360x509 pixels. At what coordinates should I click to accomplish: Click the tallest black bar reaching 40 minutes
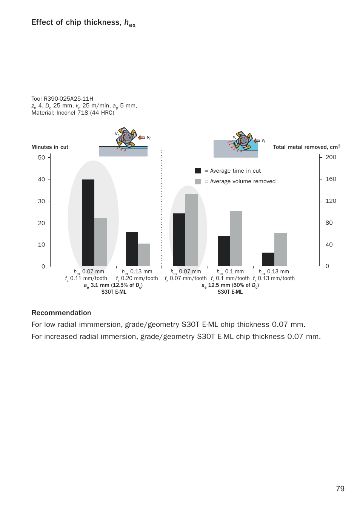coord(88,222)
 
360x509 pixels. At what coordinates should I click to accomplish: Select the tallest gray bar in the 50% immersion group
coord(191,230)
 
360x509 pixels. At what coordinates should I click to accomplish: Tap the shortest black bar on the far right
coord(268,259)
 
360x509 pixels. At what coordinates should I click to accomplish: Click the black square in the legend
coord(198,171)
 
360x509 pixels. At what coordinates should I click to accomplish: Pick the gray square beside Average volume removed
coord(198,181)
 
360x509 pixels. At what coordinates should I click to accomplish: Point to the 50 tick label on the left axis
coord(42,158)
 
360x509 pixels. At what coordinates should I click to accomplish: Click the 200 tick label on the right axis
coord(331,157)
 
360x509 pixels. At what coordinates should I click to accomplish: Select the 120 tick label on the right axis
coord(331,201)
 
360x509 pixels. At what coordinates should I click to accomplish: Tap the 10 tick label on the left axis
coord(42,245)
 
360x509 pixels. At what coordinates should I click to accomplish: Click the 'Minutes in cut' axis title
coord(50,147)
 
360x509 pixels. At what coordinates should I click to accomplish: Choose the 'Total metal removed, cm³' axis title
coord(306,147)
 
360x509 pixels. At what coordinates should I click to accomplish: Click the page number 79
coord(340,489)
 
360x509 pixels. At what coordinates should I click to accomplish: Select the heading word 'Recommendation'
coord(61,313)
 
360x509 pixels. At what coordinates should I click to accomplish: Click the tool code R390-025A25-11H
coord(68,99)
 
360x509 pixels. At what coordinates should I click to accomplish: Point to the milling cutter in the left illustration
coord(126,138)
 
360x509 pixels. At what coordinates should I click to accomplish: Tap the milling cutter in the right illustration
coord(243,141)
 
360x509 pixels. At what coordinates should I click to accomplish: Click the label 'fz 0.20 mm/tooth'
coord(137,279)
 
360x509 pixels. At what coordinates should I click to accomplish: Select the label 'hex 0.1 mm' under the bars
coord(230,272)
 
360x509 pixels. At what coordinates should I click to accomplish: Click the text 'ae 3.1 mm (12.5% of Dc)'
coord(113,285)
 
